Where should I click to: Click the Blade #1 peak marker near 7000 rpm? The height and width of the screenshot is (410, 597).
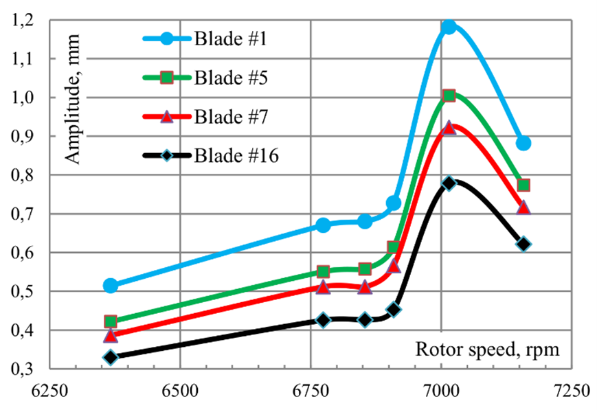pyautogui.click(x=449, y=27)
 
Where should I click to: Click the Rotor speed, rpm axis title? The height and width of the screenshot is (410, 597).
pyautogui.click(x=487, y=349)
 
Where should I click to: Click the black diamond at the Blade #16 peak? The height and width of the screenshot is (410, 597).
pyautogui.click(x=449, y=183)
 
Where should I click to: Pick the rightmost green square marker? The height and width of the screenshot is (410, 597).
pyautogui.click(x=523, y=185)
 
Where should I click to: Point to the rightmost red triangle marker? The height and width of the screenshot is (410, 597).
pyautogui.click(x=523, y=207)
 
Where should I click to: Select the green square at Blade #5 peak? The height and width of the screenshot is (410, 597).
pyautogui.click(x=449, y=95)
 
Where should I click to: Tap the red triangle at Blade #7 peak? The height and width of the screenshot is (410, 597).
pyautogui.click(x=449, y=128)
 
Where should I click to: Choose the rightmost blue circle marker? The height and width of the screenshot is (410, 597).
pyautogui.click(x=523, y=143)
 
